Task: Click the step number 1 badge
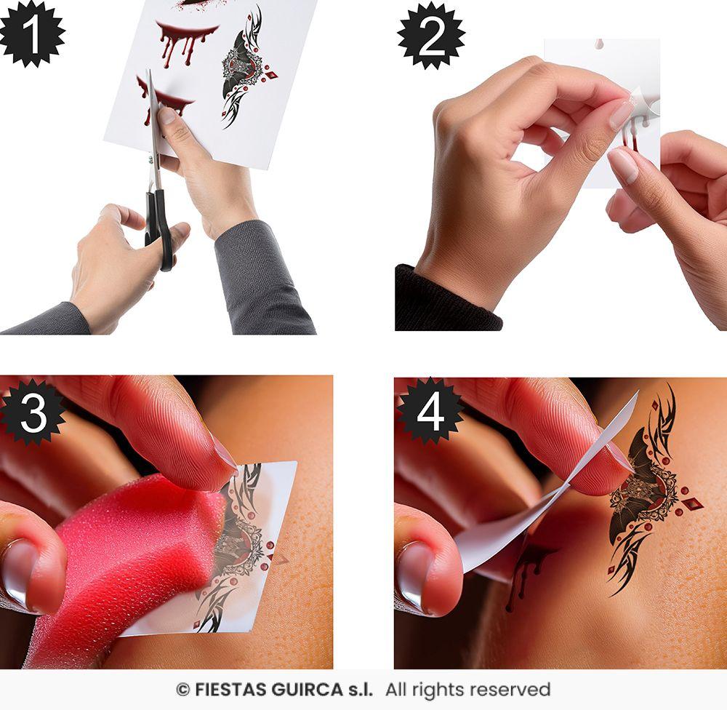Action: click(x=31, y=33)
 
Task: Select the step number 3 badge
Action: click(x=33, y=412)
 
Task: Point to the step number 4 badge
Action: click(x=430, y=412)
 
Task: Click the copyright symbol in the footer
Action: click(x=183, y=690)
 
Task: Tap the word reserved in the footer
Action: click(x=514, y=690)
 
